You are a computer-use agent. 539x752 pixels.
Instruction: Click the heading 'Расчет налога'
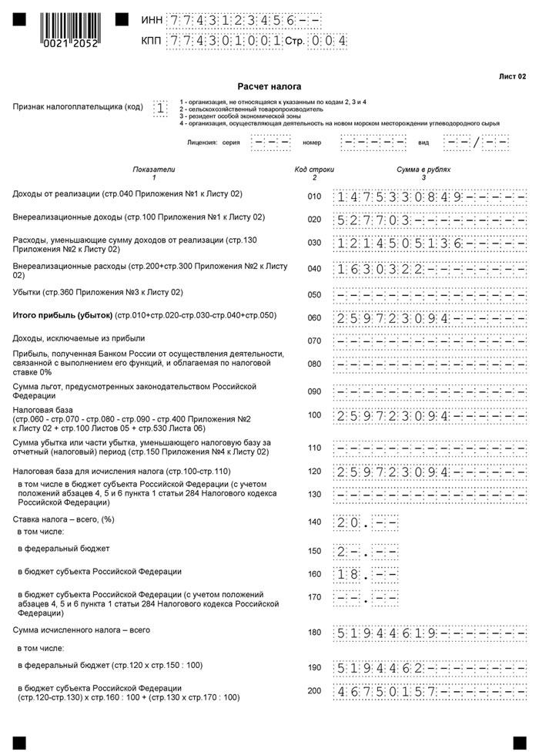(269, 86)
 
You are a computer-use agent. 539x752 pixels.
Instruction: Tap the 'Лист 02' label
(512, 76)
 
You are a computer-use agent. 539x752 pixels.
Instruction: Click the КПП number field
(224, 41)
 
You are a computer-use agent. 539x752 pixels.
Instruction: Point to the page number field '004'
(327, 41)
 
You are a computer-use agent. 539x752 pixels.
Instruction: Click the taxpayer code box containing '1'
(160, 109)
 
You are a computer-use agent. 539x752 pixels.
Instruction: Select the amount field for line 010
(430, 197)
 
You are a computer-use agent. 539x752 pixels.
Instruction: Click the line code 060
(313, 317)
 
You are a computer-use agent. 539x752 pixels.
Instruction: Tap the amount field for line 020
(430, 220)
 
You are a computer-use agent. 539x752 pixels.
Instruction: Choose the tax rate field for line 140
(367, 523)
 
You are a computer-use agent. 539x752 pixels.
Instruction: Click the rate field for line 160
(367, 574)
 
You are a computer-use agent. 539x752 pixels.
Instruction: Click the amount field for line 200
(430, 691)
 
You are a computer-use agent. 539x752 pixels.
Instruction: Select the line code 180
(313, 633)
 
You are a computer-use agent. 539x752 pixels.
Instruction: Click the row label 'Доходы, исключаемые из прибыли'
(79, 338)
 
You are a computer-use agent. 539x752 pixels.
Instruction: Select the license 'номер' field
(373, 143)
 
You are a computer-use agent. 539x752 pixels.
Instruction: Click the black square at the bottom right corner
(516, 740)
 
